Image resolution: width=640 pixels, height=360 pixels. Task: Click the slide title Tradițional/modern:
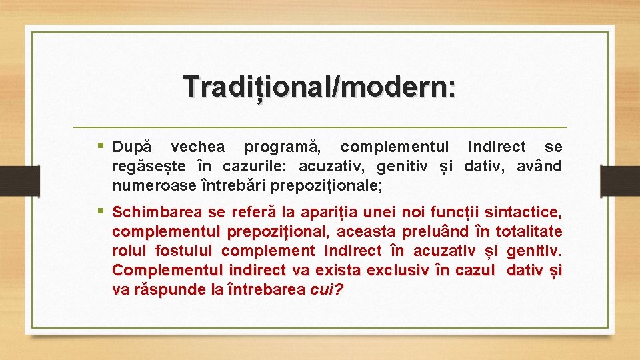click(320, 87)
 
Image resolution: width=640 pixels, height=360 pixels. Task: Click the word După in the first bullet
click(132, 147)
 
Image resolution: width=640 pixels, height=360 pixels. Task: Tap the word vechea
click(197, 147)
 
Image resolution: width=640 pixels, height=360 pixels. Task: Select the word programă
click(282, 147)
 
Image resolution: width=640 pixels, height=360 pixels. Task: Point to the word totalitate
click(529, 232)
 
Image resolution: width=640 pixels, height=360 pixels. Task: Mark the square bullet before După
click(101, 146)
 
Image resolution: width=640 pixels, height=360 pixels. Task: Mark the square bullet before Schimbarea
click(101, 212)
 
